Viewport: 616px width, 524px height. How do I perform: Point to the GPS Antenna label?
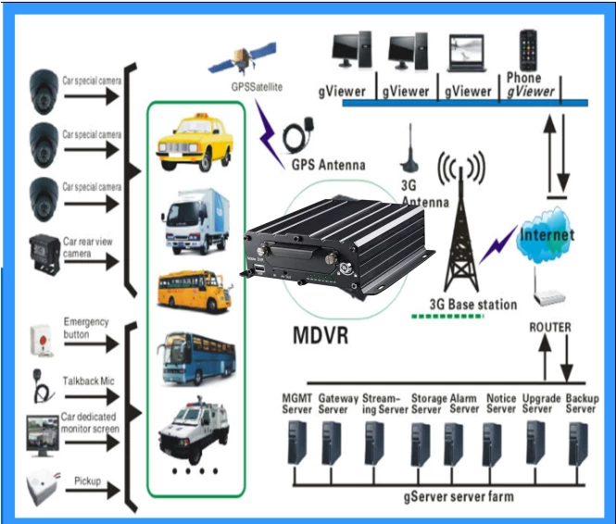328,165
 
